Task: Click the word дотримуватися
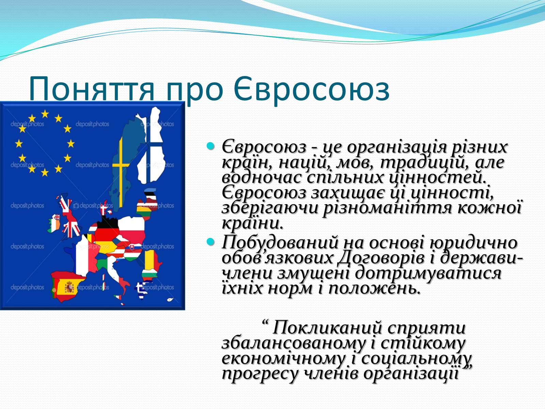point(428,273)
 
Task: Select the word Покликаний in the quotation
point(327,328)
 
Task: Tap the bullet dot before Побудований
point(211,241)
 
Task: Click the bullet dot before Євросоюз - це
point(211,146)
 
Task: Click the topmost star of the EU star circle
point(45,114)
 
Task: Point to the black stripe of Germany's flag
point(107,224)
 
